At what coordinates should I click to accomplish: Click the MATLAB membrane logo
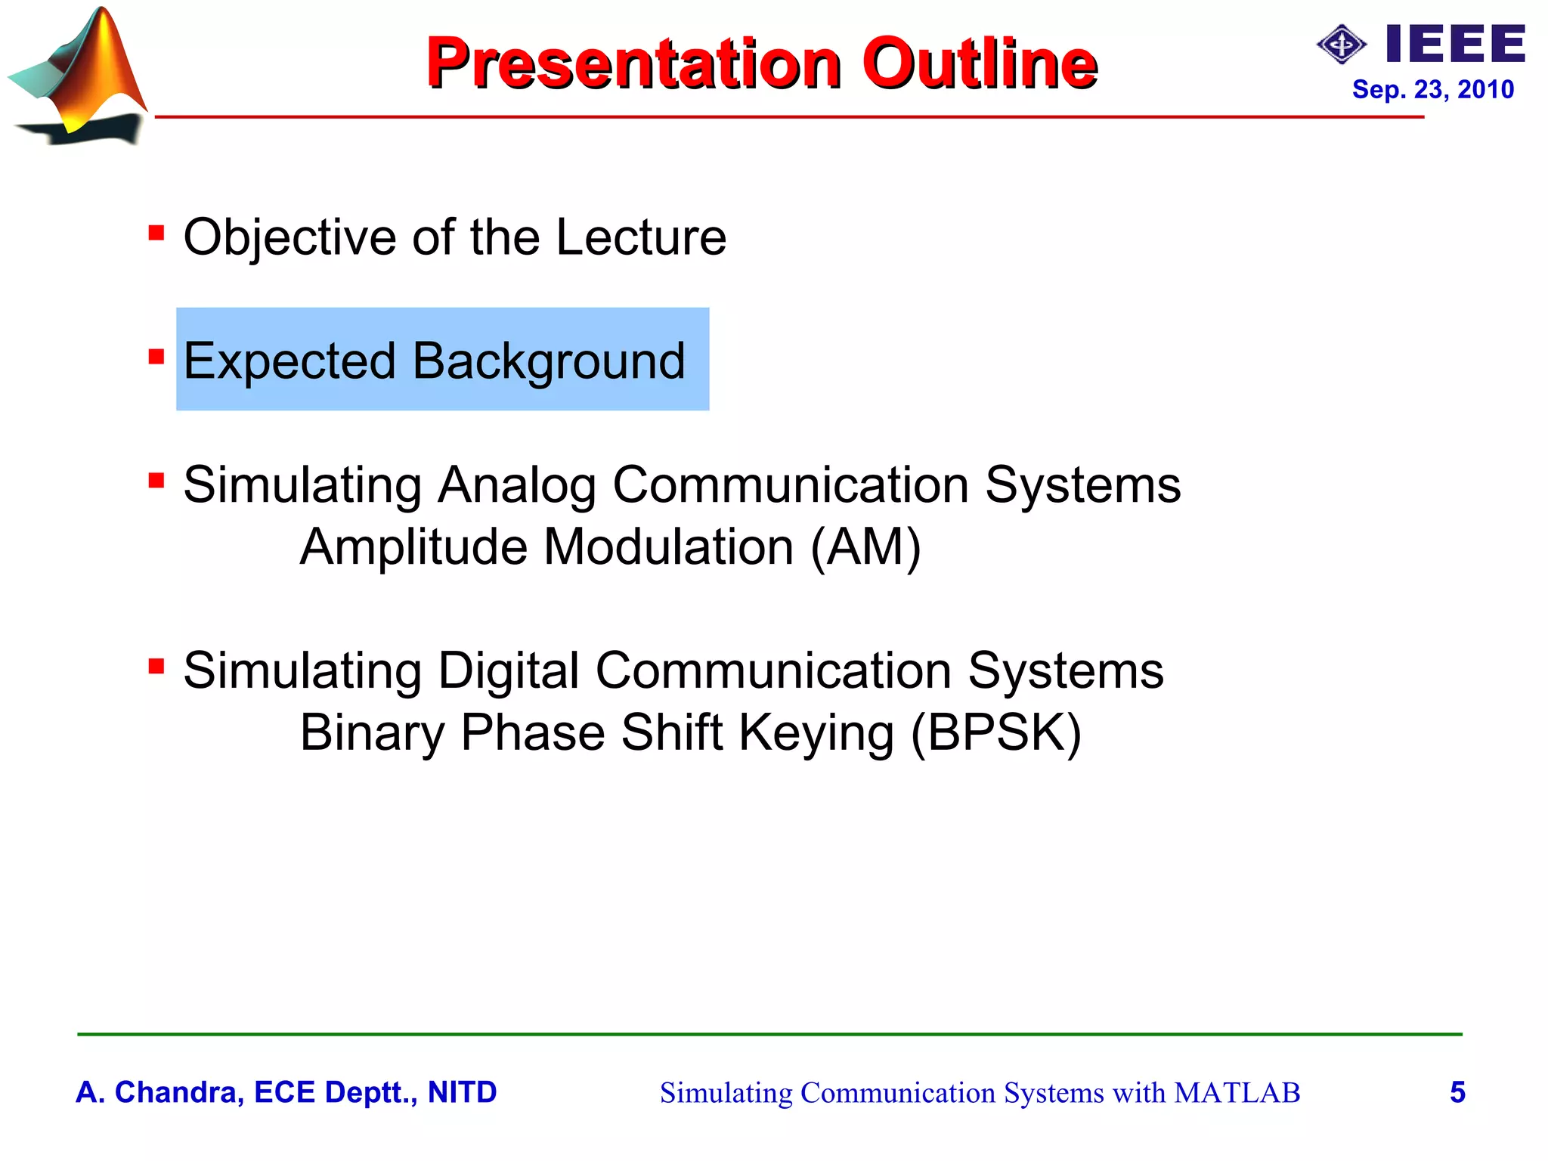(79, 76)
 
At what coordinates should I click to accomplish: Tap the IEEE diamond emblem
(1342, 45)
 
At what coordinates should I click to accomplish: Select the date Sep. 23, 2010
(1432, 90)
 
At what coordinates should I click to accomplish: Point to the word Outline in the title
(979, 63)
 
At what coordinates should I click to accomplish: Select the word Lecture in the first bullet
(640, 237)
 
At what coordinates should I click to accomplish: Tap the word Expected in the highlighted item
(289, 361)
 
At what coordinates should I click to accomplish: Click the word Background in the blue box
(549, 361)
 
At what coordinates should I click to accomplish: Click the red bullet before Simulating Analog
(156, 480)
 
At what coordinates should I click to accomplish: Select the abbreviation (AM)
(865, 547)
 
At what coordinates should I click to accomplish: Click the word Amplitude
(413, 547)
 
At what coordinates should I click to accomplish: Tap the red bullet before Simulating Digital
(156, 666)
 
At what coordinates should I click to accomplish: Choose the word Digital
(508, 671)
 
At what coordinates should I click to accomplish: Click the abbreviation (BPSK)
(995, 733)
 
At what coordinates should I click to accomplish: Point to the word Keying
(816, 733)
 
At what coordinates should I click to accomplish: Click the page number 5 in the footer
(1457, 1092)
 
